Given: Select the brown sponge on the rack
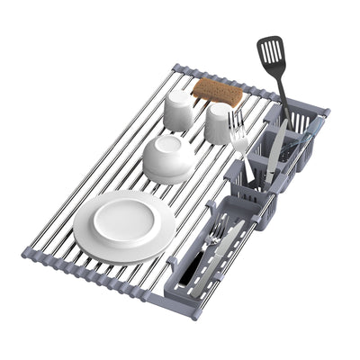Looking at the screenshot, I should (218, 91).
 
